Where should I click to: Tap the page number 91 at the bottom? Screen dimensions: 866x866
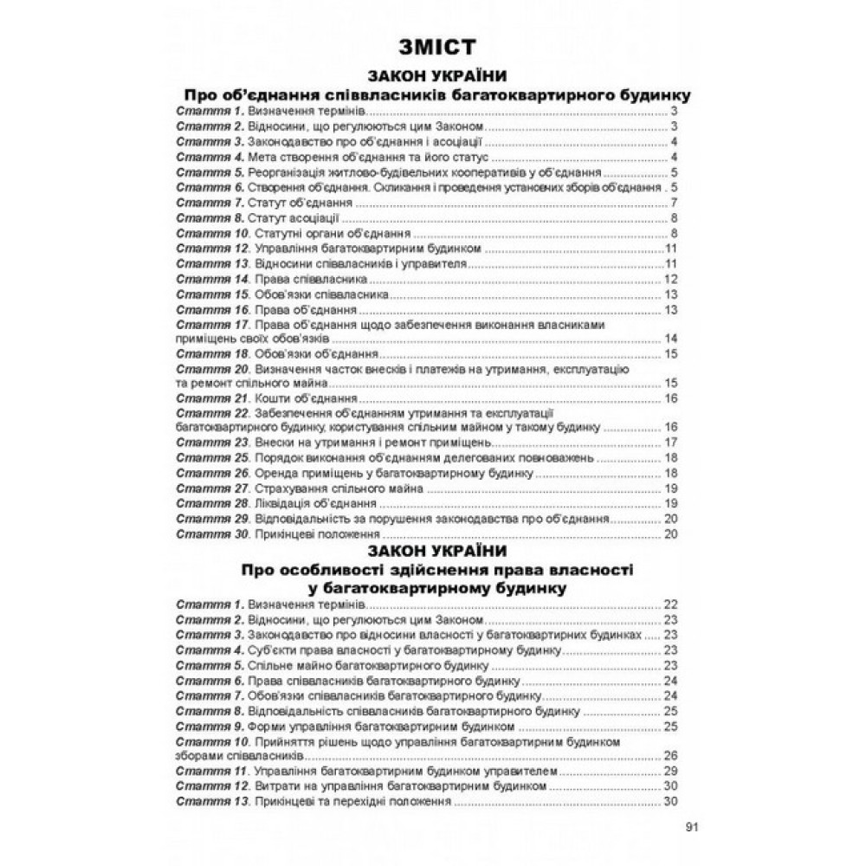pos(690,826)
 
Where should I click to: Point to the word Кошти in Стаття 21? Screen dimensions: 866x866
pos(266,398)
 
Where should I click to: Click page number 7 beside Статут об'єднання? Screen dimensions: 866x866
pos(673,203)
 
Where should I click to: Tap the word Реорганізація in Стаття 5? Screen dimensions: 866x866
pos(287,172)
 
